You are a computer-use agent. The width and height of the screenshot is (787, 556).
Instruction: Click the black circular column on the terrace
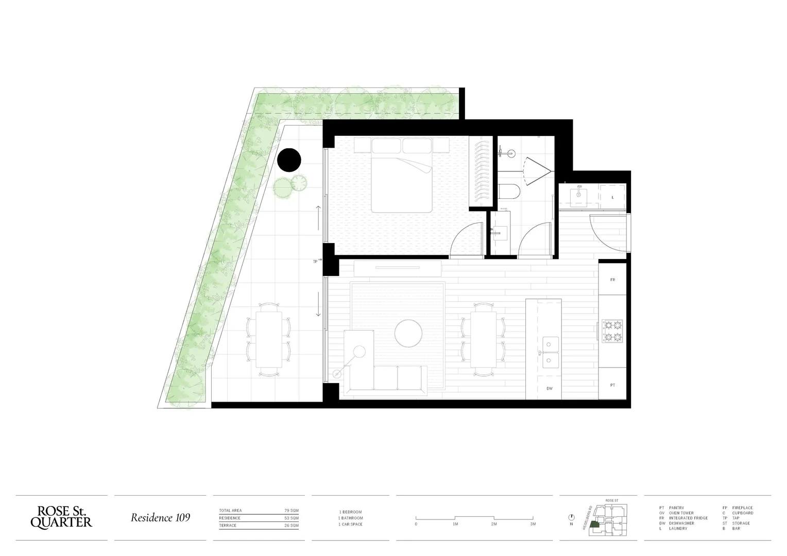(x=289, y=160)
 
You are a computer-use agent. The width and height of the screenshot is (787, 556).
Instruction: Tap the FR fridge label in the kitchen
(x=612, y=280)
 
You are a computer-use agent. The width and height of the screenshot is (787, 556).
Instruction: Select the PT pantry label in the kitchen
(x=612, y=385)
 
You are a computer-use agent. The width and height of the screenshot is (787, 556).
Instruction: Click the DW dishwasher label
(x=550, y=389)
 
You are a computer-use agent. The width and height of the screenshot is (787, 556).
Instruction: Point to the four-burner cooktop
(x=613, y=331)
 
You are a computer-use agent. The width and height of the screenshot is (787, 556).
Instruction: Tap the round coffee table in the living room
(x=409, y=333)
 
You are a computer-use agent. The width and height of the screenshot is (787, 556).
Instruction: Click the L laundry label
(x=612, y=198)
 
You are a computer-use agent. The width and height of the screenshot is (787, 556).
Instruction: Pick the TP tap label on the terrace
(x=315, y=262)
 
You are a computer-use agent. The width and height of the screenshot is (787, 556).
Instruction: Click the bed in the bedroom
(x=402, y=178)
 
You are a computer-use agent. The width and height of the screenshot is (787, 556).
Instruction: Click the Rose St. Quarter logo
(x=61, y=517)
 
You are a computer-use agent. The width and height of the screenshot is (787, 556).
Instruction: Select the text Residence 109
(x=160, y=517)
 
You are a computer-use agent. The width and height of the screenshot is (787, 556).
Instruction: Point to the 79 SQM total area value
(x=291, y=511)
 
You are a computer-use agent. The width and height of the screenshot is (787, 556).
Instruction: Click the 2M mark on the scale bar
(x=493, y=524)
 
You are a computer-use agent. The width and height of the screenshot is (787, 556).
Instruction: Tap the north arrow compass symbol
(x=571, y=517)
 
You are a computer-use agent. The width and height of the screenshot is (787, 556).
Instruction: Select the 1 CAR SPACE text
(x=350, y=524)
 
